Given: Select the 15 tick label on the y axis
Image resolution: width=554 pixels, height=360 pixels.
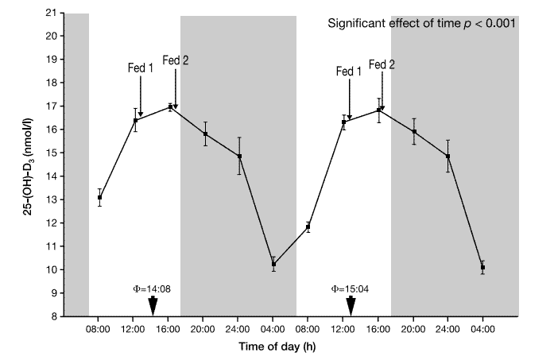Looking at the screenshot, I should point(52,153).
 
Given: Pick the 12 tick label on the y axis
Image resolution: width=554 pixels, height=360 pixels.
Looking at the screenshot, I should point(52,223).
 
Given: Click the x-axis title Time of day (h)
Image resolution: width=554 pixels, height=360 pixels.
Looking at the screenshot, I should point(291,347).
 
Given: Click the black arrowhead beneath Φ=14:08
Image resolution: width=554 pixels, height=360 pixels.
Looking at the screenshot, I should point(153,305).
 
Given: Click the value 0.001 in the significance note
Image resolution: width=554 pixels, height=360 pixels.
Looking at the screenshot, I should point(502,23).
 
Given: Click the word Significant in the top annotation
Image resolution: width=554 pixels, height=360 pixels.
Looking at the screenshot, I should point(360,23).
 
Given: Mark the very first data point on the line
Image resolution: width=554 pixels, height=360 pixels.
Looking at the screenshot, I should point(99,197).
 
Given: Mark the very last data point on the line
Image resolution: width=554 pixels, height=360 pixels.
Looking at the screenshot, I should point(482,268).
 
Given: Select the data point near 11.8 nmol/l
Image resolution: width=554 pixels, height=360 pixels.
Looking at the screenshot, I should point(308,227).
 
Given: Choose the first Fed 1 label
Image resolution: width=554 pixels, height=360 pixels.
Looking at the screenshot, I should point(141,69).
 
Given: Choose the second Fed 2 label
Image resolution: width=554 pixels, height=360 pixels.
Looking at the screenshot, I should point(382,64).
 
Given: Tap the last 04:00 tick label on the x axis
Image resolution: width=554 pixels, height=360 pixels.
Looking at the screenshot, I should point(482,327).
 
